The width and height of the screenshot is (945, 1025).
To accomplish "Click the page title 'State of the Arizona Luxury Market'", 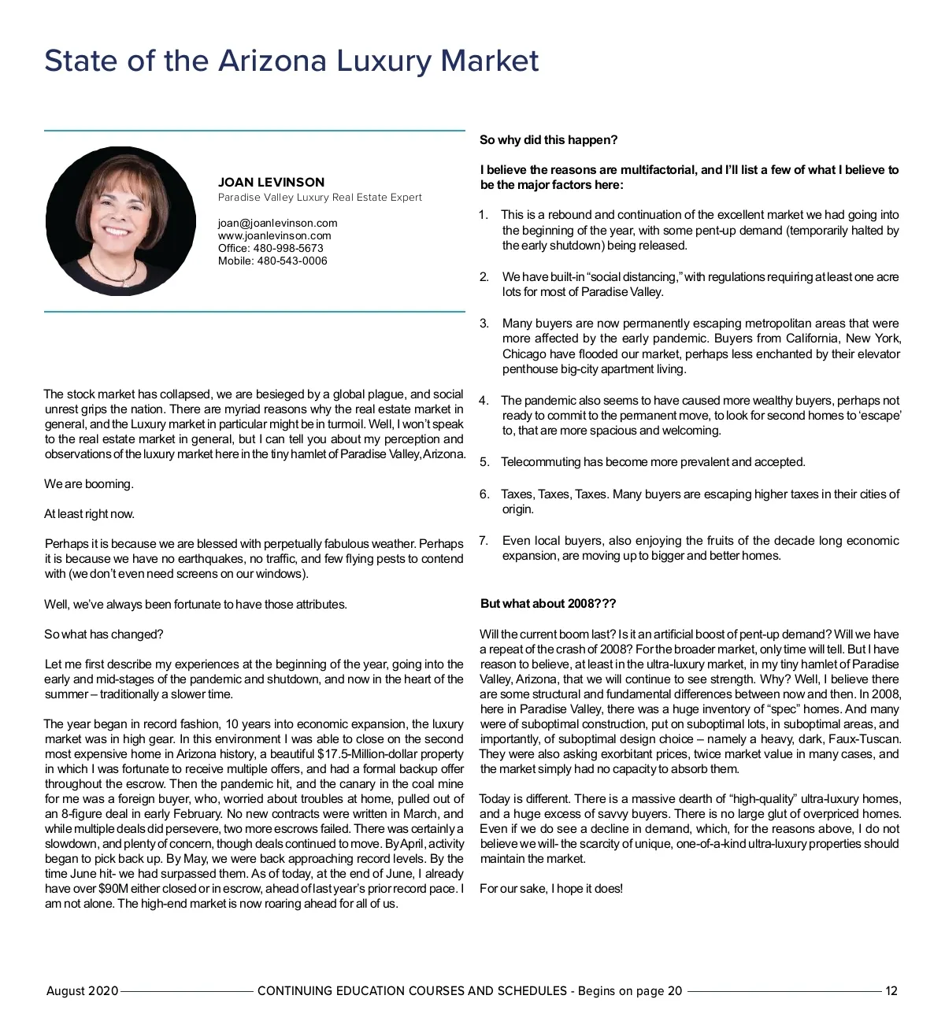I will click(291, 61).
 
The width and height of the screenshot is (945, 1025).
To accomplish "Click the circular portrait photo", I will click(120, 221).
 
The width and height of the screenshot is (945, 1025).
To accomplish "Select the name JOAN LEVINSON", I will click(271, 183).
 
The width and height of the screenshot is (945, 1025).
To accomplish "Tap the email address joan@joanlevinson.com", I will click(277, 223).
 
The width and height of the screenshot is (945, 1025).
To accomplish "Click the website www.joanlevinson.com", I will click(274, 235).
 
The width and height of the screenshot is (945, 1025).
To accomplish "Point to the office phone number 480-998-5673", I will click(288, 248).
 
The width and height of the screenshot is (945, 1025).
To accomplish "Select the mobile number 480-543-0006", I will click(292, 261).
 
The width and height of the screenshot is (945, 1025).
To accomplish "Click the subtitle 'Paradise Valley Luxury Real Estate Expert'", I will click(320, 198).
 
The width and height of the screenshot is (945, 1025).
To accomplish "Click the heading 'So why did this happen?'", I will click(549, 140).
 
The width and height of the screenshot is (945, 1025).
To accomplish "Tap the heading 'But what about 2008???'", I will click(548, 604).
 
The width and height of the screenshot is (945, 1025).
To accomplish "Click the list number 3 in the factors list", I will click(484, 324).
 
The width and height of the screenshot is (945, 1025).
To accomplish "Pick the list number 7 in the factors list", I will click(484, 541).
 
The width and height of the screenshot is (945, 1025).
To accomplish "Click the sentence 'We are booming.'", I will click(89, 484).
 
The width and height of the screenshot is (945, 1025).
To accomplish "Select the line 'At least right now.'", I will click(89, 514).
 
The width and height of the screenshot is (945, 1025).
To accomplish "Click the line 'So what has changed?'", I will click(104, 635).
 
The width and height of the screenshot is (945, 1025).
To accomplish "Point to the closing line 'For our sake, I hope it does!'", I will click(551, 889).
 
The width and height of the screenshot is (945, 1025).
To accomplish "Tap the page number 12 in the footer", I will click(891, 991).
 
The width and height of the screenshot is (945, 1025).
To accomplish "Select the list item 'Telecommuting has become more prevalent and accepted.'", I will click(653, 462).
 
